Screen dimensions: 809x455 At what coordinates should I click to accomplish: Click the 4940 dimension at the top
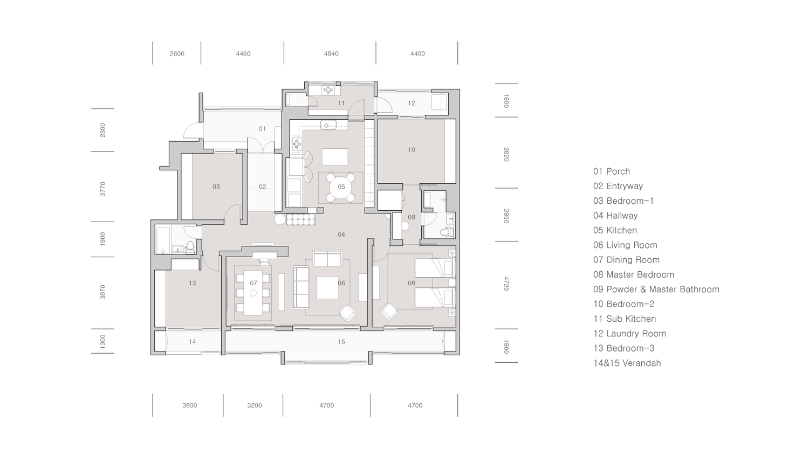click(x=331, y=54)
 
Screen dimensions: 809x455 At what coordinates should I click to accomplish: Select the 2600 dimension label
click(x=177, y=54)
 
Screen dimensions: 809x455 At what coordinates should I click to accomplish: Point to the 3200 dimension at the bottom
click(x=254, y=405)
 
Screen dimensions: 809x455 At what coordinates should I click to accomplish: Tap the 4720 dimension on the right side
click(x=506, y=284)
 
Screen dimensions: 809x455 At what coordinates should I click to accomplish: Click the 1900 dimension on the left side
click(x=103, y=239)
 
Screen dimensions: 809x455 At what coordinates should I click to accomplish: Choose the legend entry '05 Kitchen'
click(x=615, y=230)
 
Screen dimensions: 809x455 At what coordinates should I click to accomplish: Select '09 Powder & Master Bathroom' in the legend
click(x=656, y=289)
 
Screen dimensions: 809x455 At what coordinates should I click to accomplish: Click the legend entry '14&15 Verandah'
click(x=627, y=363)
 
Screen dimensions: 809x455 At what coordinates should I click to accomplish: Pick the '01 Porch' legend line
click(x=611, y=171)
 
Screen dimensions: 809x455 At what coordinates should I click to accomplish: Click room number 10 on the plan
click(x=412, y=150)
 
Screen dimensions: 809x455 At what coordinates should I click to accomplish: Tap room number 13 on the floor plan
click(x=193, y=283)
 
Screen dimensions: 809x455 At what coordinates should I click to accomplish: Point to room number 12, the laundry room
click(x=412, y=104)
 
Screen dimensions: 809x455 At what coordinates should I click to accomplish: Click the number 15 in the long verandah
click(x=341, y=342)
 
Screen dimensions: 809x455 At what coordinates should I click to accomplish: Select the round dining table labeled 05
click(x=341, y=187)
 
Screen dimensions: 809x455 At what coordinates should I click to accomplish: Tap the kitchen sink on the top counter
click(x=328, y=125)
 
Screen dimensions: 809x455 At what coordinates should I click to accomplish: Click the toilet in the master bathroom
click(x=445, y=232)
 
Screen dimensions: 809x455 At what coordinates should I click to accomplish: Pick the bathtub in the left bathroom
click(x=163, y=240)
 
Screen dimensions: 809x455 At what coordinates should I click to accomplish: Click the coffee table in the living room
click(x=327, y=287)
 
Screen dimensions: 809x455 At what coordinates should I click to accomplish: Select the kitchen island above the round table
click(x=335, y=157)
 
